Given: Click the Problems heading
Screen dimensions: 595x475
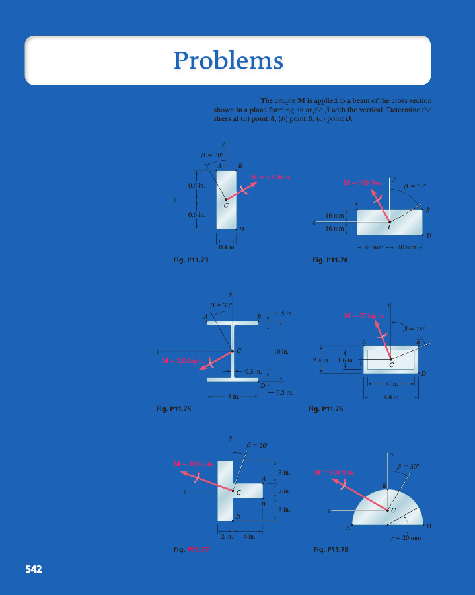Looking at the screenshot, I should (228, 61).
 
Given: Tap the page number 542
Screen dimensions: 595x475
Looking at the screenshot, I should (34, 568).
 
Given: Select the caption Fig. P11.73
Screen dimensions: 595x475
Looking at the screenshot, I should (190, 260).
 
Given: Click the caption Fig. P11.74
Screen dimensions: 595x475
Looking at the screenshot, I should (330, 260).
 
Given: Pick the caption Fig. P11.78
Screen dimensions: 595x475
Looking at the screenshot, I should (330, 549).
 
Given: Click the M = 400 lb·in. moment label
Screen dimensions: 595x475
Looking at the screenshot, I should (271, 177).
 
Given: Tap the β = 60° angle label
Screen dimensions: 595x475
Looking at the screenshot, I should (416, 186).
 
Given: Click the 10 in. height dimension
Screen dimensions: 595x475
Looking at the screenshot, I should (281, 351).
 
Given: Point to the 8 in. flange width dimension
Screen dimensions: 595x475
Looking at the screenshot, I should (233, 397).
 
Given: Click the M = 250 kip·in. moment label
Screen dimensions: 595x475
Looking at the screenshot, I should (184, 360).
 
